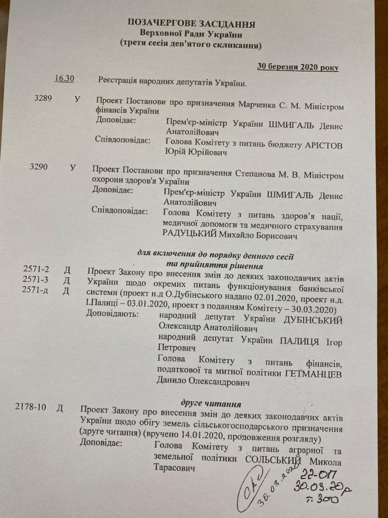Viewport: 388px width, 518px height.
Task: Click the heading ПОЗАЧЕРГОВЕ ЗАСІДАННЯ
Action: tap(192, 24)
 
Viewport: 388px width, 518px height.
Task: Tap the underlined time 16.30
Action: tap(64, 78)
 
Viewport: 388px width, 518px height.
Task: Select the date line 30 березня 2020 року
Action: tap(297, 67)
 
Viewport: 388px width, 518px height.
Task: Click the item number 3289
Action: tap(44, 98)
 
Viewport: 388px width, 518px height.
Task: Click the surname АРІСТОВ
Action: tap(323, 146)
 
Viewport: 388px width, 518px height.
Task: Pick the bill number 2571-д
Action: tap(36, 290)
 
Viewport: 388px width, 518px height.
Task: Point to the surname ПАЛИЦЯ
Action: tap(301, 341)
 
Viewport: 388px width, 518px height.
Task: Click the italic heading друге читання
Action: tap(211, 404)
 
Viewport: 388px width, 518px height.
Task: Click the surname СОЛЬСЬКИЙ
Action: tap(275, 461)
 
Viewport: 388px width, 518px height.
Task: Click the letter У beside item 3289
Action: tap(78, 99)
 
